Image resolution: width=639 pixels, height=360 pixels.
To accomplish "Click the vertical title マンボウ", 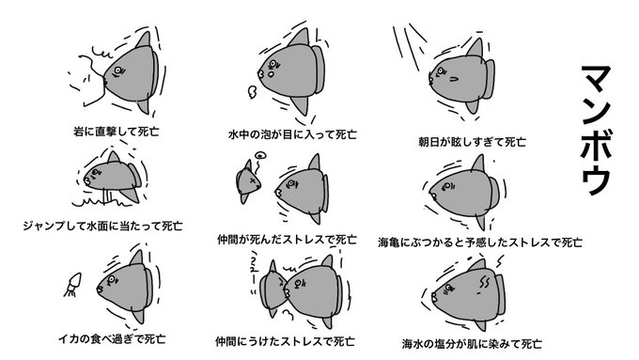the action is pyautogui.click(x=596, y=130).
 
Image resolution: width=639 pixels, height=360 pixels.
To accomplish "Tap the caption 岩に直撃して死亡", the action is pyautogui.click(x=117, y=132).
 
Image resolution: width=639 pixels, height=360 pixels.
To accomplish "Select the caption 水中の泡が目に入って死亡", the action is pyautogui.click(x=292, y=134).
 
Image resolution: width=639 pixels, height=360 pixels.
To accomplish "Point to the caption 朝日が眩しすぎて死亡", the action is pyautogui.click(x=472, y=142).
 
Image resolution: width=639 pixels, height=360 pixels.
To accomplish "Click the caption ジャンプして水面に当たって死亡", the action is pyautogui.click(x=102, y=226).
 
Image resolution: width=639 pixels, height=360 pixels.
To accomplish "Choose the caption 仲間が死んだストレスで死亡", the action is pyautogui.click(x=287, y=240).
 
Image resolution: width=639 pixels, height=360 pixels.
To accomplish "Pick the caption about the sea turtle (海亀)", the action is pyautogui.click(x=479, y=243).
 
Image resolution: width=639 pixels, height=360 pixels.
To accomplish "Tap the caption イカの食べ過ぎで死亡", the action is pyautogui.click(x=111, y=338).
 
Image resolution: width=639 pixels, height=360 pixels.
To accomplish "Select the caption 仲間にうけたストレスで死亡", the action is pyautogui.click(x=285, y=341).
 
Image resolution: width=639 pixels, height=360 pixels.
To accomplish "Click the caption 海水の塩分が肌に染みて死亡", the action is pyautogui.click(x=472, y=344).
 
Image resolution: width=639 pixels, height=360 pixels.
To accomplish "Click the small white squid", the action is pyautogui.click(x=72, y=284).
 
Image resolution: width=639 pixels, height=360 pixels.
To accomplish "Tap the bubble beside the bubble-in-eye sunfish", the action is pyautogui.click(x=252, y=92).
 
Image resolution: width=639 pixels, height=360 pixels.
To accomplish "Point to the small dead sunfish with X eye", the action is pyautogui.click(x=248, y=181).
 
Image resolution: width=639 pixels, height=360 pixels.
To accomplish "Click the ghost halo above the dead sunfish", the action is pyautogui.click(x=260, y=155).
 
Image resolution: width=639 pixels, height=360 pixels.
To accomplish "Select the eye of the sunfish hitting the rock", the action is pyautogui.click(x=117, y=70).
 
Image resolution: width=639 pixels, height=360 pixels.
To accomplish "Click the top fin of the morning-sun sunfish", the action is pyautogui.click(x=475, y=48).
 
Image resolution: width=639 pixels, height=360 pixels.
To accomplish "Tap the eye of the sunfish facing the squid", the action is pyautogui.click(x=111, y=280).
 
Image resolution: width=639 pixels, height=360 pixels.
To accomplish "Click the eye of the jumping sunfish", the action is pyautogui.click(x=95, y=172).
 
